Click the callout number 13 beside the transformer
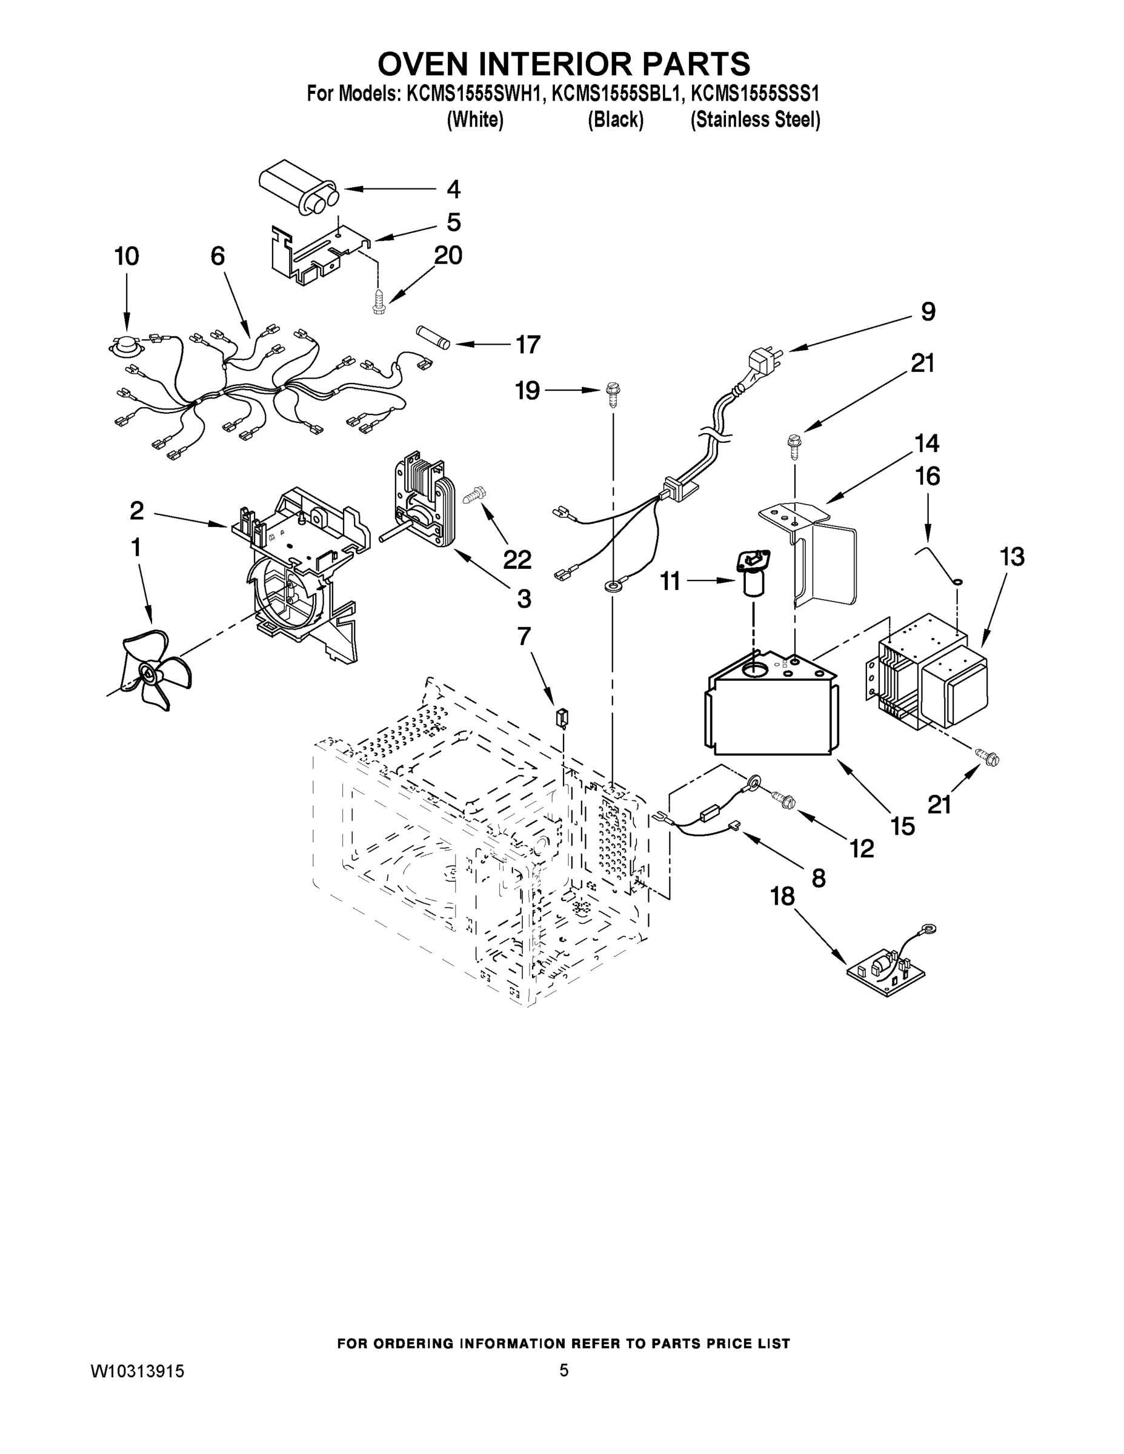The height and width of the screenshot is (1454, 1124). [1012, 557]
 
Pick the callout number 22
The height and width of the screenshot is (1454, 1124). [517, 560]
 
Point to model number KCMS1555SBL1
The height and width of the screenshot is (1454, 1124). [617, 95]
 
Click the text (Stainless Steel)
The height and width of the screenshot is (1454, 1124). [755, 120]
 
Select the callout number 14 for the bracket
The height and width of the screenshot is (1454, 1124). [926, 443]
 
